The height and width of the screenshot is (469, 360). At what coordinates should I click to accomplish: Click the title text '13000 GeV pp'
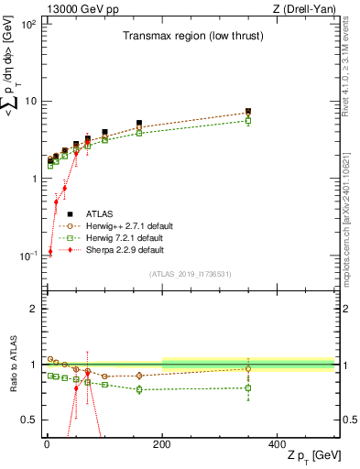[x=73, y=8]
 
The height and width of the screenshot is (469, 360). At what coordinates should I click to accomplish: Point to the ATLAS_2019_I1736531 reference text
[x=190, y=273]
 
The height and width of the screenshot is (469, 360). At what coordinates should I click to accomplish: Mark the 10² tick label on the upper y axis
[x=28, y=24]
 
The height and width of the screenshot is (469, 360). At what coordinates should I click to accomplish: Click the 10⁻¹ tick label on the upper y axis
[x=28, y=256]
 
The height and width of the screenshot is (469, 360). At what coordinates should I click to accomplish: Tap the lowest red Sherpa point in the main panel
[x=49, y=252]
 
